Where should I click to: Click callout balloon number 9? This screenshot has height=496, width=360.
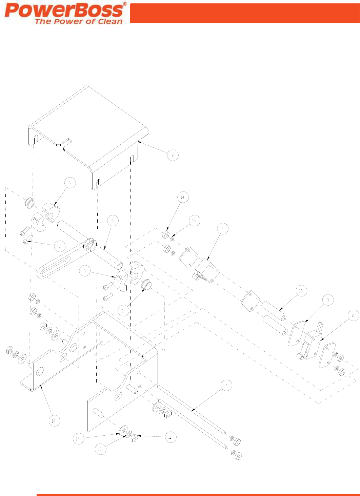coord(173,155)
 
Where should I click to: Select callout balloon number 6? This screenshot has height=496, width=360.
coord(70,183)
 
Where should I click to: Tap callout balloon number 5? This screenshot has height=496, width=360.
coord(113,221)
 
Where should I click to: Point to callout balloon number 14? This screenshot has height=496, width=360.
coord(182,197)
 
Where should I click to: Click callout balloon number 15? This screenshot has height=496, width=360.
coord(194,221)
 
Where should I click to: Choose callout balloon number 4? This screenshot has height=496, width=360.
coord(223,229)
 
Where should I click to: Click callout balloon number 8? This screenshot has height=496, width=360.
coord(85,271)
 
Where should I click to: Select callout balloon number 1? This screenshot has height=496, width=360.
coord(123,310)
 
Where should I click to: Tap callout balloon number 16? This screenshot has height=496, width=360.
coord(300,291)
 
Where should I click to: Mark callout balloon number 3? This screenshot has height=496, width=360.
coord(327,300)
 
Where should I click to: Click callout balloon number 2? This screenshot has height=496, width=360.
coord(353,315)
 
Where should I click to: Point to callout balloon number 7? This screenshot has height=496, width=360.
coord(226,385)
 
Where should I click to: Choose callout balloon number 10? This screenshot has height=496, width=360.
coord(54,421)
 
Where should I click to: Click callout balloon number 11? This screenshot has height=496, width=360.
coord(170,437)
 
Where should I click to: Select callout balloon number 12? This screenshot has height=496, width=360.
coord(78,439)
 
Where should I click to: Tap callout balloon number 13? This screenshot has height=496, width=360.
coord(100,449)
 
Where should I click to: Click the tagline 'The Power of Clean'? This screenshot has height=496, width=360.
coord(78,21)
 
